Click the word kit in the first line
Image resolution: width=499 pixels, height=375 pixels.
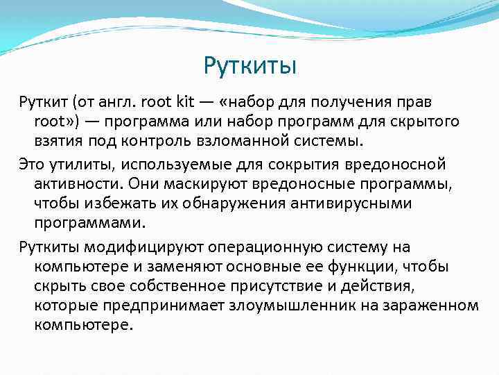tap(186, 103)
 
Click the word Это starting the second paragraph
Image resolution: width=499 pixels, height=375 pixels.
tap(32, 165)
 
